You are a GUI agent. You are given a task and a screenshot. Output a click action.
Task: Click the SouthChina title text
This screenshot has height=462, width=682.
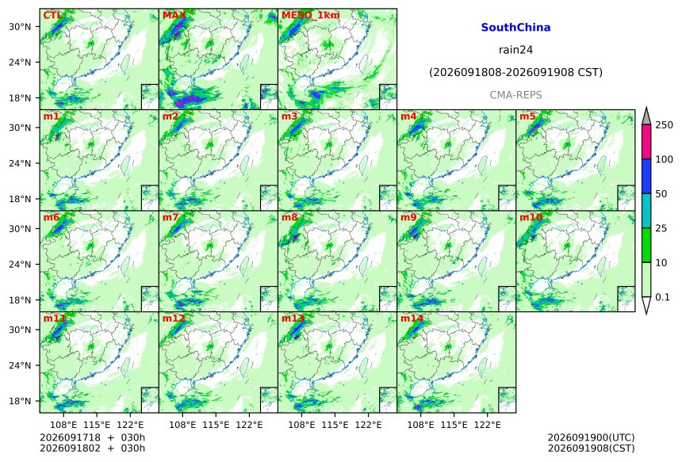tap(515, 28)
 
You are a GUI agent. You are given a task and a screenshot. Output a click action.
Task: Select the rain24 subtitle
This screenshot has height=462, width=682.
tap(515, 50)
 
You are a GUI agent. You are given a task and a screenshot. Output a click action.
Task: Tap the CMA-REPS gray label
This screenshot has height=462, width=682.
tap(515, 95)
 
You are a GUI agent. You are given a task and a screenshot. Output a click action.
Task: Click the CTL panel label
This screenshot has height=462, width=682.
tap(52, 15)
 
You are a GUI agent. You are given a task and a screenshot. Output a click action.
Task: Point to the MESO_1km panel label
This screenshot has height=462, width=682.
tap(311, 15)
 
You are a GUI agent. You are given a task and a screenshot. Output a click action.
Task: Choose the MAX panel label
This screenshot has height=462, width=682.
tap(174, 15)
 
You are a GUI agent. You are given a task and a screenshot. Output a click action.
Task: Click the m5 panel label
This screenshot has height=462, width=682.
tap(527, 116)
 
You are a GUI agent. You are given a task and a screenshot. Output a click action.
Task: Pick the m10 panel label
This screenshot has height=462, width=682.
tap(531, 217)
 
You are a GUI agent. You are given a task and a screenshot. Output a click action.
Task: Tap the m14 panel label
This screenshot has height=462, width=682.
tap(412, 318)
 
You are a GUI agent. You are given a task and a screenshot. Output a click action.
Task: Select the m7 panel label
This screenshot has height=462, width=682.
tap(170, 217)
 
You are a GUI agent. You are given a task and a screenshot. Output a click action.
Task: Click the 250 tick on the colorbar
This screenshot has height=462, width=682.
tap(665, 125)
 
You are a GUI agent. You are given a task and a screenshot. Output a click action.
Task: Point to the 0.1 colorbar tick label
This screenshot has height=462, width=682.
tap(662, 297)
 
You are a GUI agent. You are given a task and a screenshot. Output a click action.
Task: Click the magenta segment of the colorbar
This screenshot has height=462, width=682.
tap(646, 142)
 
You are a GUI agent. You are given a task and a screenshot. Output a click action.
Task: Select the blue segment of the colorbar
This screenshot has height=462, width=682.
tap(646, 176)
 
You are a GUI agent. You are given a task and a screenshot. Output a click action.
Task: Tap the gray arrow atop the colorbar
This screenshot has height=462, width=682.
tap(646, 116)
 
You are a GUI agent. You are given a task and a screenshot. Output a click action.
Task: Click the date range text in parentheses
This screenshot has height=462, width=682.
tap(515, 72)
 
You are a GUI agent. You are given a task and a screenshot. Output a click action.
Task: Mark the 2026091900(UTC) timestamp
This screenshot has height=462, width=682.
tap(591, 437)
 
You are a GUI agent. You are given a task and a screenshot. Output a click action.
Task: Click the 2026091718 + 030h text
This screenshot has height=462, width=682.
tap(92, 437)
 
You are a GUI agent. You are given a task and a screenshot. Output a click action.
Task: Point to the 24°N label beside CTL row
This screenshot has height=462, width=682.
tap(20, 62)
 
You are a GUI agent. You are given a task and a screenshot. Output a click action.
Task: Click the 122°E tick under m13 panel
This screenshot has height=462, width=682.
tap(369, 424)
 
